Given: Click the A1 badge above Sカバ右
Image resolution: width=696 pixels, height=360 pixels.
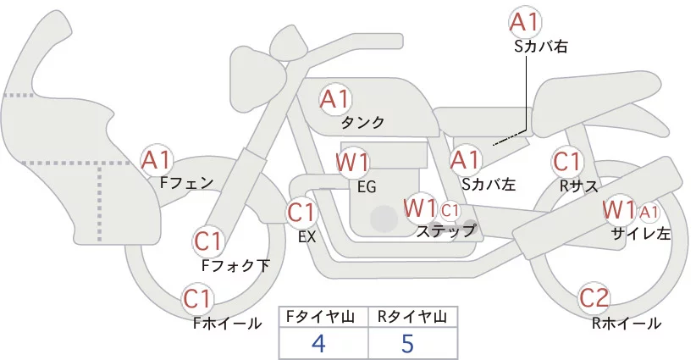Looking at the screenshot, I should [525, 22].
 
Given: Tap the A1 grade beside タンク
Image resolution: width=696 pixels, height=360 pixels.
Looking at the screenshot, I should [334, 98].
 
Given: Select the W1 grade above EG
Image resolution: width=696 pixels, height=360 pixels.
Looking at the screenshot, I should [352, 162].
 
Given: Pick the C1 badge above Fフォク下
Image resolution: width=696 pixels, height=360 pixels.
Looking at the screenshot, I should [208, 241].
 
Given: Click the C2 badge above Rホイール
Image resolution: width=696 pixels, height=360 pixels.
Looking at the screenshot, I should [594, 297].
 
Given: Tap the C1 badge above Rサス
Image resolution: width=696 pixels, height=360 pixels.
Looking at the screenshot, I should [566, 161].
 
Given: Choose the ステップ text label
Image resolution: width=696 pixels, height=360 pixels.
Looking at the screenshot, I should [445, 230].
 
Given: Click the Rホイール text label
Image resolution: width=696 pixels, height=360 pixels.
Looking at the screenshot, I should [627, 323].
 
